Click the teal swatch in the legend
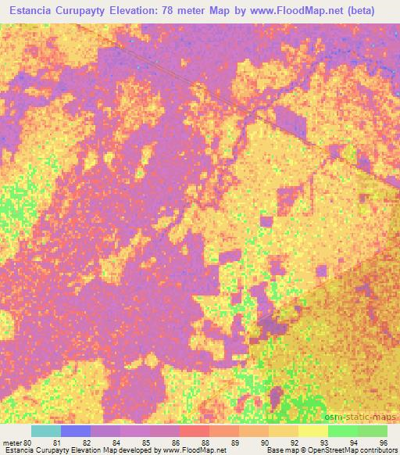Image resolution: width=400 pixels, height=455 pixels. pos(46,431)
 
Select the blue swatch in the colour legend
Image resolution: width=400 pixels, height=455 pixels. pos(76,431)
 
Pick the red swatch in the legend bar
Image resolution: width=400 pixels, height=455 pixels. pos(194,431)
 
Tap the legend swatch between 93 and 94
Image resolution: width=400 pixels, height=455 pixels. pos(341,431)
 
